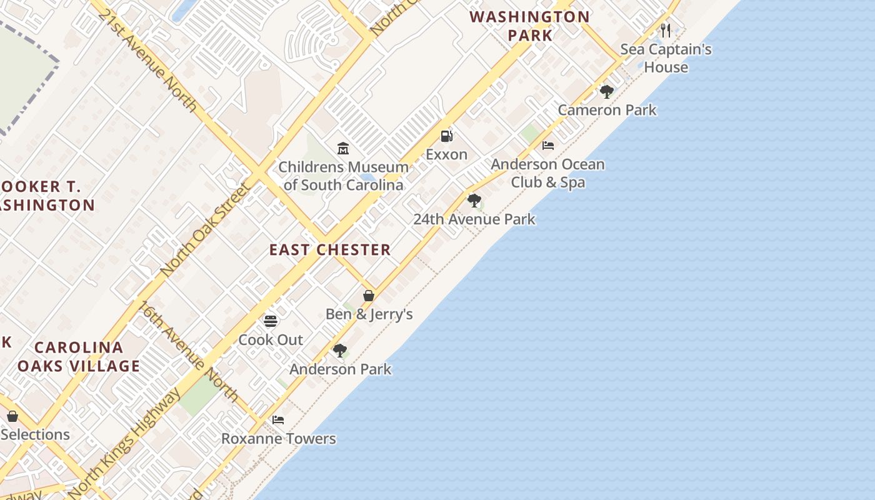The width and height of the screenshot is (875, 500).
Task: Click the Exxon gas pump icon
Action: click(446, 136)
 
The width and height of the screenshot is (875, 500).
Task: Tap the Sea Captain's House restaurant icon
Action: click(666, 30)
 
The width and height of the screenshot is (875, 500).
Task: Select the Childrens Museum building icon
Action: click(343, 149)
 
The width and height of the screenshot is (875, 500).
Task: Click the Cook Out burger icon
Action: click(271, 321)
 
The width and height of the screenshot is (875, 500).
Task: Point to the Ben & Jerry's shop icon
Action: click(369, 296)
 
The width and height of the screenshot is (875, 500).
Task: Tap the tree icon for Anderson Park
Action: click(339, 351)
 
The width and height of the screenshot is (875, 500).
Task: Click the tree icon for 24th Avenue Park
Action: click(474, 201)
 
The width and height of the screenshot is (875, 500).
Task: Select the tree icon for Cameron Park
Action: click(606, 92)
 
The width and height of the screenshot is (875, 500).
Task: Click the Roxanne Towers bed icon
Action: click(278, 420)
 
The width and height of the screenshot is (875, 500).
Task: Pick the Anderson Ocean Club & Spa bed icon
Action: click(548, 146)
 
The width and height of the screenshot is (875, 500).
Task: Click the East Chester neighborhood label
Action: click(330, 250)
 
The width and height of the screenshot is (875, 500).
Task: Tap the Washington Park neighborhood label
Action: click(530, 26)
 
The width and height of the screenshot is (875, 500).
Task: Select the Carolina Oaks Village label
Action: click(79, 357)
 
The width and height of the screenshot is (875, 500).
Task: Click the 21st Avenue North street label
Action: click(147, 60)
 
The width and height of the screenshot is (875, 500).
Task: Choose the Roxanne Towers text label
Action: click(279, 439)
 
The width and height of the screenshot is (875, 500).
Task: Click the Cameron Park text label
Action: click(607, 110)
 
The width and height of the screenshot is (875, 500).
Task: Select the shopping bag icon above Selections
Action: click(12, 416)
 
